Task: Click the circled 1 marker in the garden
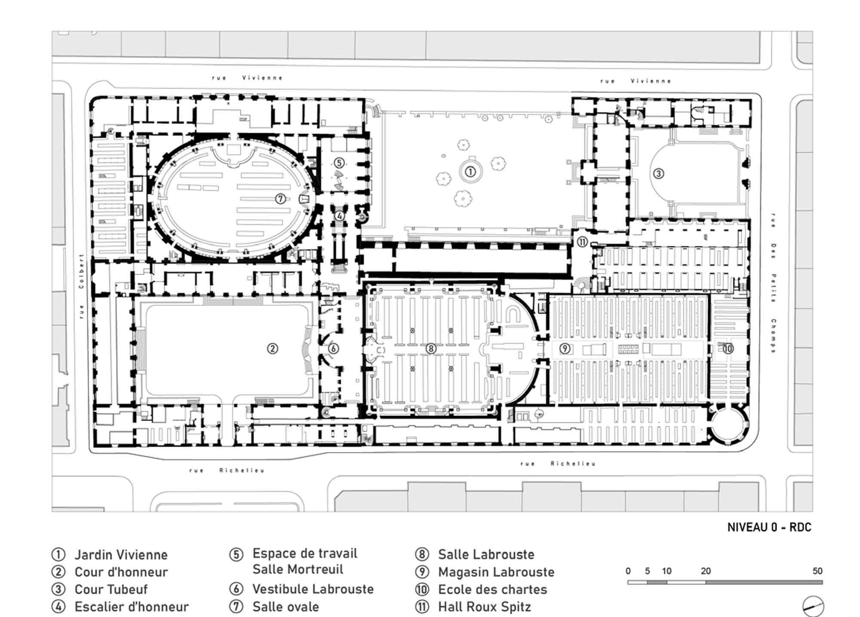pos(470,172)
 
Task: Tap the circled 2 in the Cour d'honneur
pos(273,348)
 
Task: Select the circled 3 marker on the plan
pos(658,174)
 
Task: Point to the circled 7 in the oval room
pos(280,199)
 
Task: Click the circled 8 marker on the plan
pos(431,348)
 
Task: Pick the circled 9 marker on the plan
pos(565,348)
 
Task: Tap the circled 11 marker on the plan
pos(582,242)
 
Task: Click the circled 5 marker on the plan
pos(339,163)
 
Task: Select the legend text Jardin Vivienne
pos(121,555)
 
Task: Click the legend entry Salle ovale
pos(286,607)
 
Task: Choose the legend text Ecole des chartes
pos(492,590)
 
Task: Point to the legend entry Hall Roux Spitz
pos(484,607)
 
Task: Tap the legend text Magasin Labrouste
pos(496,572)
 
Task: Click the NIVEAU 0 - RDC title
pos(769,527)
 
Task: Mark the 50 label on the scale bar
pos(817,571)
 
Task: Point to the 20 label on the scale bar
pos(706,571)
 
